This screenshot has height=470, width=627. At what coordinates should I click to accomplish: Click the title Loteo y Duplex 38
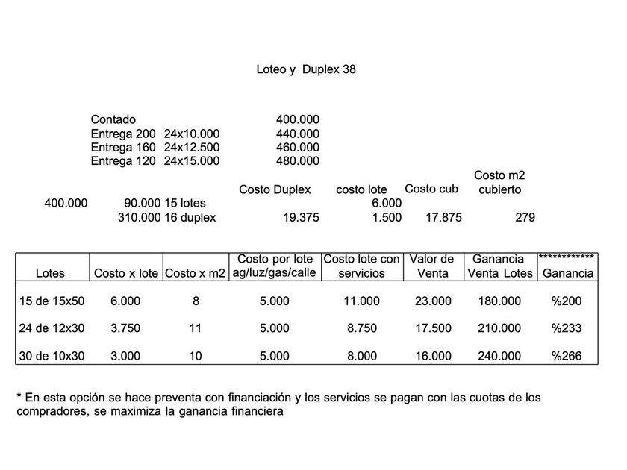coord(305,69)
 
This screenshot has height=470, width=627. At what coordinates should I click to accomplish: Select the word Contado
coord(113,119)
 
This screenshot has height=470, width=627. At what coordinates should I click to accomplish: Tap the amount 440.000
coord(297,134)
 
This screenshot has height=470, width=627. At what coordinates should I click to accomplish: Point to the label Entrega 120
coord(123,161)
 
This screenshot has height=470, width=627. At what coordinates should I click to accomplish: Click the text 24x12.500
coord(192,147)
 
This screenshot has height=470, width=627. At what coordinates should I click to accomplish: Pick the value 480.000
coord(297,161)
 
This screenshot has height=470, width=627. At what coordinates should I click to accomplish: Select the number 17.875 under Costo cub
coord(443,218)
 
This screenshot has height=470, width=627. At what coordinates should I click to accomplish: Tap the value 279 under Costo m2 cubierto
coord(525,218)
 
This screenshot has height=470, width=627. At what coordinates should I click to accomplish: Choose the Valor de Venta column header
coord(432,266)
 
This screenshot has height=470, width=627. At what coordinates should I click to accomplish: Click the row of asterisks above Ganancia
coord(567,257)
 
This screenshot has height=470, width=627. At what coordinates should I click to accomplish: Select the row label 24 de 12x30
coord(50,328)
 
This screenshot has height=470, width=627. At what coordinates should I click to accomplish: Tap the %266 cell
coord(567,356)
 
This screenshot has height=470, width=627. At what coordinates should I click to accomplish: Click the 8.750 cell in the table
coord(362,328)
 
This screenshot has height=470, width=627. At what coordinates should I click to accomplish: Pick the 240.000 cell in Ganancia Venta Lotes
coord(500,356)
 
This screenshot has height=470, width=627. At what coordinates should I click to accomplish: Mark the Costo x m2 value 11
coord(195,328)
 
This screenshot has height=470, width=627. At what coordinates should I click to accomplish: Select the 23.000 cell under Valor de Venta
coord(433,301)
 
